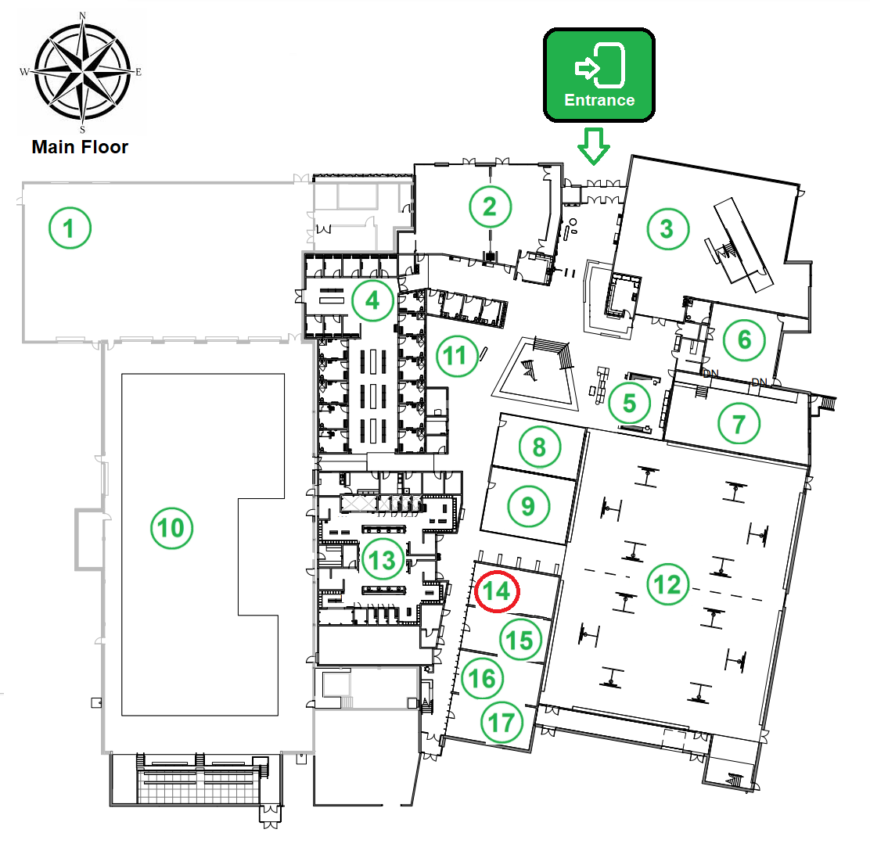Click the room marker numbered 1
[70, 228]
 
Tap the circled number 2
[490, 206]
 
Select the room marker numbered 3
[668, 228]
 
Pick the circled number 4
[372, 300]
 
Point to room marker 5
[629, 404]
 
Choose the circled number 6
[744, 339]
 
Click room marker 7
[739, 424]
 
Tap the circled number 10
[171, 527]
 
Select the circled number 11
[457, 356]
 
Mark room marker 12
[667, 584]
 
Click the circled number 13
[383, 559]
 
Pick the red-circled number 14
[497, 591]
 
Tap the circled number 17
[502, 722]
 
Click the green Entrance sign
[599, 75]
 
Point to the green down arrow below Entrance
[594, 146]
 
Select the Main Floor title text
[80, 147]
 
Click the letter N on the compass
[83, 16]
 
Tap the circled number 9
[529, 506]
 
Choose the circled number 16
[482, 678]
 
